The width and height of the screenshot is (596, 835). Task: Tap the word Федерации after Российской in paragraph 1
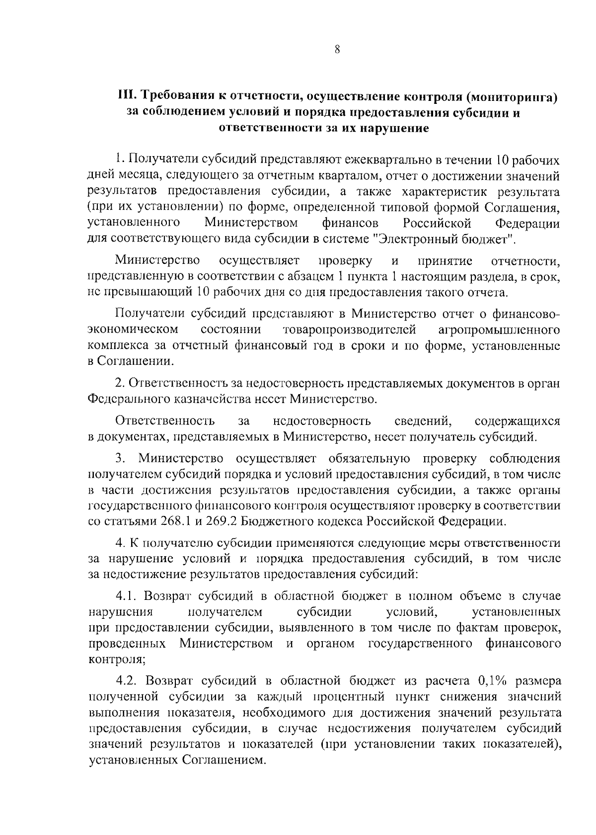(527, 223)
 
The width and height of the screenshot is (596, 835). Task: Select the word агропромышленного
(500, 330)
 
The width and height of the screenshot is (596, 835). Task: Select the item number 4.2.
(127, 679)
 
